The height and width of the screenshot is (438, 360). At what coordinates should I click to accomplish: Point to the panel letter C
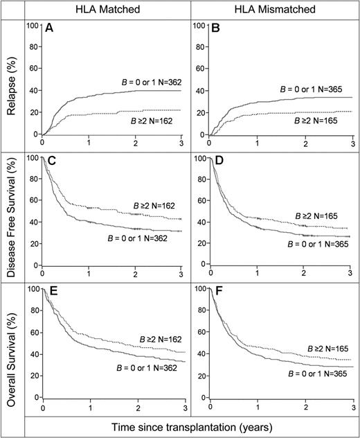coord(49,161)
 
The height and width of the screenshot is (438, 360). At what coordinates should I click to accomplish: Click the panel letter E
coord(49,291)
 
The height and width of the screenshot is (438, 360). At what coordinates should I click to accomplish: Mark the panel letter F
coord(205,291)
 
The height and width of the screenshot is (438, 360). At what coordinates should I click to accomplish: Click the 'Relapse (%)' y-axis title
coord(12,83)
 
